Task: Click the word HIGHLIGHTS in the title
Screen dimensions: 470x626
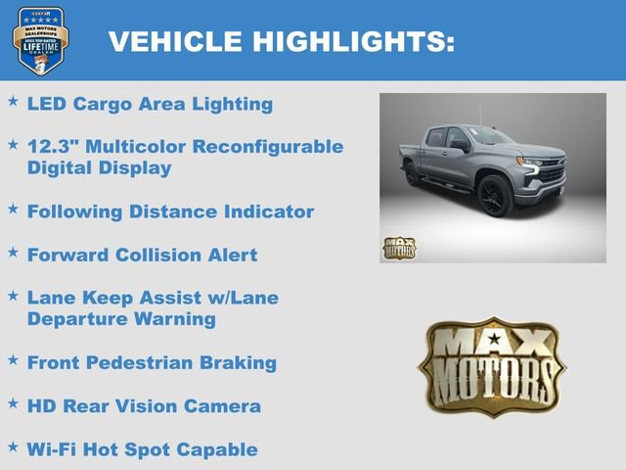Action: (354, 41)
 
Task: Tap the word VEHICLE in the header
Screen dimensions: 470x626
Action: (175, 41)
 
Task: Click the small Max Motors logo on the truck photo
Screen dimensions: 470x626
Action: (398, 248)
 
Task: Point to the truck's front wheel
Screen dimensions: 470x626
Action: (494, 195)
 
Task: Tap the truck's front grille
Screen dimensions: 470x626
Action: (554, 173)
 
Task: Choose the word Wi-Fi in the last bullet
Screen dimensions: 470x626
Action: (53, 449)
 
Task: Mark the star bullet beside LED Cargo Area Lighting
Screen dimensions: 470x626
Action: (13, 102)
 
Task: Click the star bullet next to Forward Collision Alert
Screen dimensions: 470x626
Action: (13, 253)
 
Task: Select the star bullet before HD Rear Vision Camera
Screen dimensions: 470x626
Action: (13, 403)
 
